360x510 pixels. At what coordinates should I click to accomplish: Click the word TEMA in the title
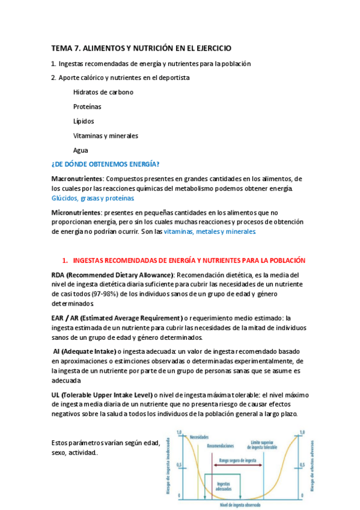(60, 48)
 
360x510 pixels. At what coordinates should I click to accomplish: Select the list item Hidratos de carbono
(103, 92)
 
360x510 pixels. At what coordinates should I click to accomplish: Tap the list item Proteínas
(87, 106)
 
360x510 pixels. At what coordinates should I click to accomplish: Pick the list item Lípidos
(84, 121)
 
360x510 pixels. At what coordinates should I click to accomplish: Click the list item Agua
(81, 150)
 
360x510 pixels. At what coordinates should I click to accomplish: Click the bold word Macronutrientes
(78, 179)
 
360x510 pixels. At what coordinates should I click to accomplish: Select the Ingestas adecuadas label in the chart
(224, 484)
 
